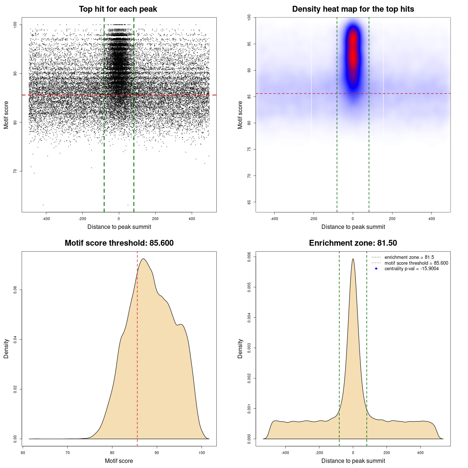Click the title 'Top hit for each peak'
pyautogui.click(x=118, y=9)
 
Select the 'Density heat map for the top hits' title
pyautogui.click(x=353, y=9)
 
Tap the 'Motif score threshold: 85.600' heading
pyautogui.click(x=119, y=243)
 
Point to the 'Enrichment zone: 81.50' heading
pyautogui.click(x=353, y=243)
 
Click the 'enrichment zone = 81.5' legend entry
pyautogui.click(x=409, y=257)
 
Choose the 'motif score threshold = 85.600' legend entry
pyautogui.click(x=416, y=263)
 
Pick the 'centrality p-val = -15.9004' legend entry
pyautogui.click(x=411, y=269)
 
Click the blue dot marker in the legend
pyautogui.click(x=376, y=269)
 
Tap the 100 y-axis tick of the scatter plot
pyautogui.click(x=15, y=24)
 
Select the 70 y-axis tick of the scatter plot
pyautogui.click(x=15, y=171)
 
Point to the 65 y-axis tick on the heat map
pyautogui.click(x=249, y=202)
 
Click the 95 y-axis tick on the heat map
pyautogui.click(x=249, y=44)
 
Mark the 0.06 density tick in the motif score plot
pyautogui.click(x=15, y=290)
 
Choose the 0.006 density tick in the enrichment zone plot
pyautogui.click(x=249, y=257)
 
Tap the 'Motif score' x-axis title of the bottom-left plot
pyautogui.click(x=119, y=461)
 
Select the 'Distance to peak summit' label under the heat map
pyautogui.click(x=353, y=227)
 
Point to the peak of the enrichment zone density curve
pyautogui.click(x=353, y=259)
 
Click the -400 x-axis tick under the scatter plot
pyautogui.click(x=46, y=219)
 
